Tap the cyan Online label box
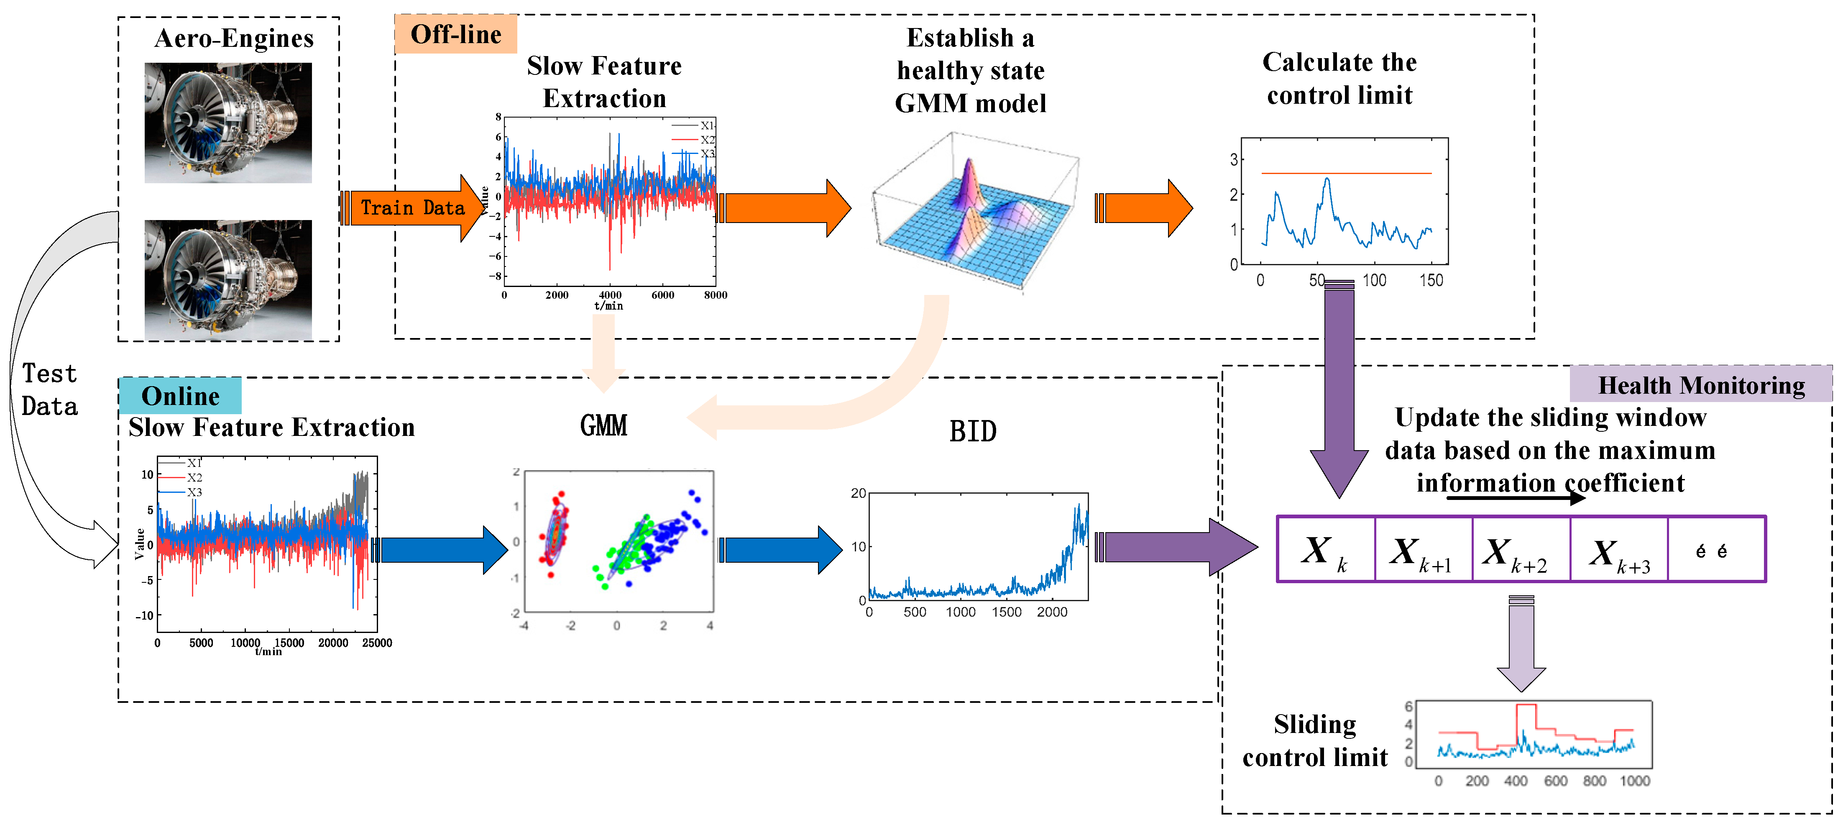tap(180, 396)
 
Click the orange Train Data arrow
tap(412, 208)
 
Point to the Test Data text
tap(49, 390)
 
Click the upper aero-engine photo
tap(228, 123)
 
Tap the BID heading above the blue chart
tap(972, 431)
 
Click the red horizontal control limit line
tap(1345, 173)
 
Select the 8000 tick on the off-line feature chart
tap(715, 295)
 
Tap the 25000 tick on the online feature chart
tap(377, 643)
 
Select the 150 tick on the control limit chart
tap(1431, 280)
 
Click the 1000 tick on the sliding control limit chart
tap(1635, 781)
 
